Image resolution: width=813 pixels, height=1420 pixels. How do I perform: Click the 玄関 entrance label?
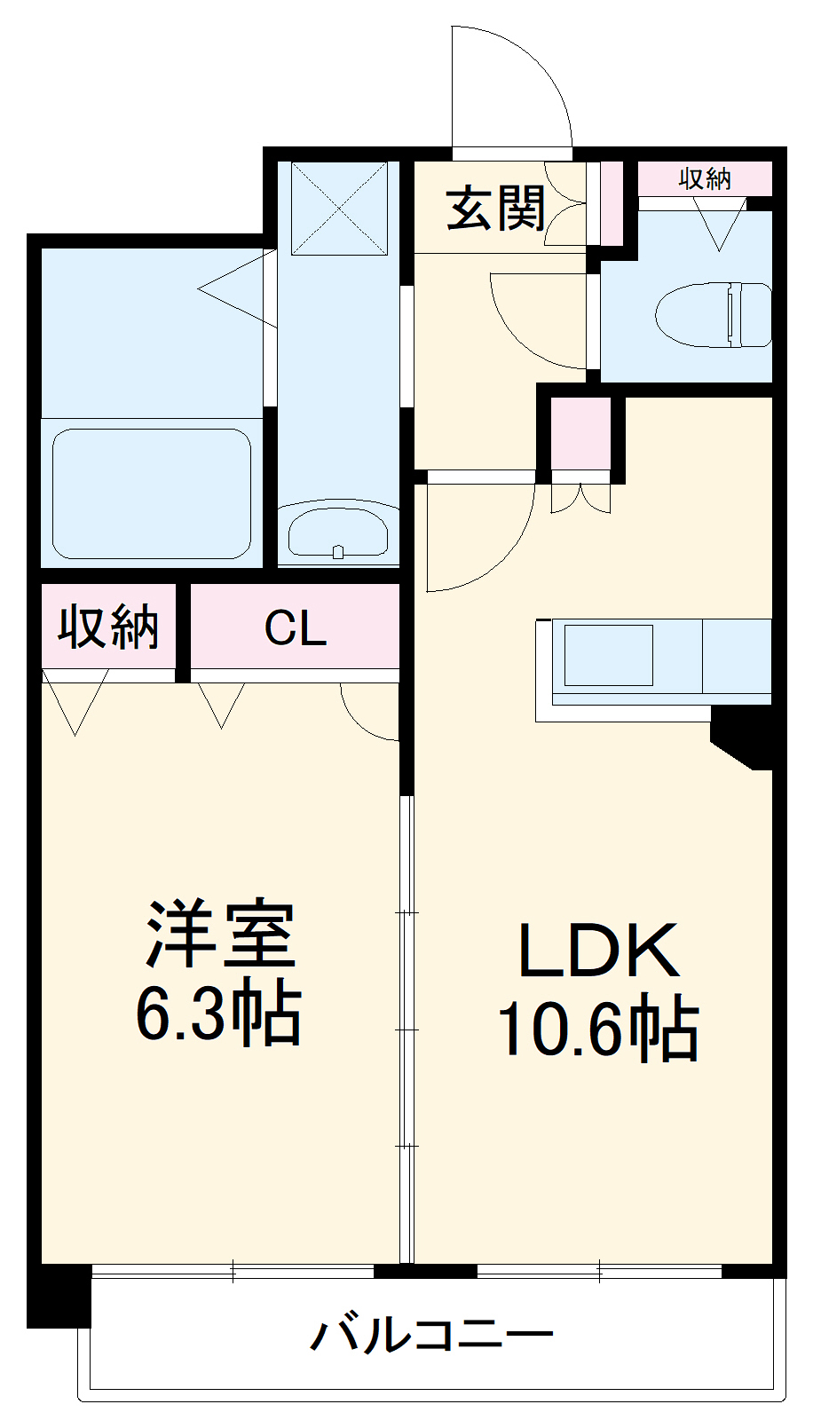[x=495, y=208]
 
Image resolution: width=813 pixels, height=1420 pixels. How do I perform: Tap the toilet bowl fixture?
[x=714, y=315]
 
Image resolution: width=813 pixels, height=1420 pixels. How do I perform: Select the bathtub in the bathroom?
[x=152, y=493]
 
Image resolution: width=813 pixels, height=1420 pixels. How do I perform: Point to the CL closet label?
[x=295, y=627]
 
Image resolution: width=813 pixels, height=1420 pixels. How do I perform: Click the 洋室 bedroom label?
[x=220, y=933]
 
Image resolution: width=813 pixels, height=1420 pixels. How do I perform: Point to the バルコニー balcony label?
[x=431, y=1336]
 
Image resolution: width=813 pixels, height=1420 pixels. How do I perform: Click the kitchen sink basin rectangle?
[x=609, y=655]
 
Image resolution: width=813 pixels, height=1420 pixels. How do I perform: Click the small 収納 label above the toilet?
[x=706, y=179]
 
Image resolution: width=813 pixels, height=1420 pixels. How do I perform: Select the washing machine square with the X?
[x=339, y=208]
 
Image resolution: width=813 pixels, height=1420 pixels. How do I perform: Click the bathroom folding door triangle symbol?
[x=237, y=289]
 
